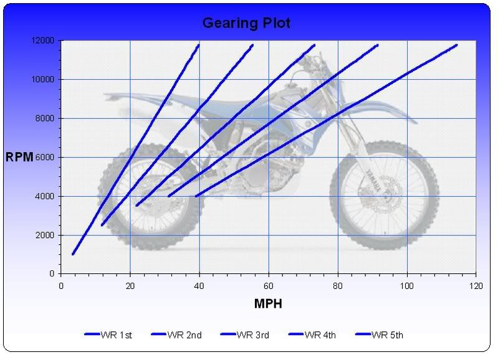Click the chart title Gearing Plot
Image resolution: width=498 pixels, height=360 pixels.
(246, 24)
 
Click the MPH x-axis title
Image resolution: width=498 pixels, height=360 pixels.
(269, 304)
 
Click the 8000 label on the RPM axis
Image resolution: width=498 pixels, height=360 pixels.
(45, 118)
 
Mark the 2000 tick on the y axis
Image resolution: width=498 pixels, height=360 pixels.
(45, 235)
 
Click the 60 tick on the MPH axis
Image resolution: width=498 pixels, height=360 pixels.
(269, 286)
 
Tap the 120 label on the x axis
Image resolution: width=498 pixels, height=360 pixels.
(476, 286)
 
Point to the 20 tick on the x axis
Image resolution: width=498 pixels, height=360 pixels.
(130, 286)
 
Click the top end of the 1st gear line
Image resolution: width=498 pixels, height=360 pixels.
(198, 45)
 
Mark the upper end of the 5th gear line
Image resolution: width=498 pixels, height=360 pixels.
(456, 45)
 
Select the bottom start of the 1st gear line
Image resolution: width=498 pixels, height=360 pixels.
(73, 253)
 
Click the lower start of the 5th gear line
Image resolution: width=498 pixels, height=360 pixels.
(196, 196)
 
